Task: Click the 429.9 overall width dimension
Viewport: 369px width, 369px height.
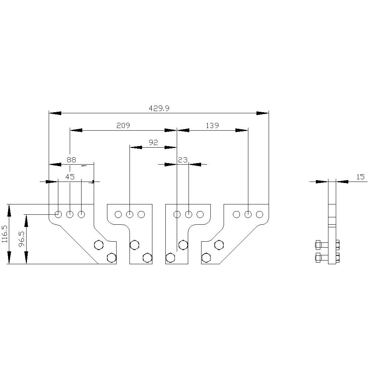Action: coord(159,108)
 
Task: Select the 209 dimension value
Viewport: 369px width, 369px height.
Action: coord(123,126)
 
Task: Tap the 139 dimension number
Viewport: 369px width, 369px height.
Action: coord(212,126)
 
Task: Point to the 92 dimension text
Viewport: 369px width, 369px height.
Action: coord(153,142)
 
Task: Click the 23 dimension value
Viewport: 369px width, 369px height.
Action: coord(183,160)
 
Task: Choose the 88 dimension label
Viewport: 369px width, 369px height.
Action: coord(71,160)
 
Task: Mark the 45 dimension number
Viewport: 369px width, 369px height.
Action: coord(70,177)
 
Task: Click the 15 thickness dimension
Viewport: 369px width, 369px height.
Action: coord(360,177)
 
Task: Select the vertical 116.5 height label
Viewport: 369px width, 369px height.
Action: coord(5,234)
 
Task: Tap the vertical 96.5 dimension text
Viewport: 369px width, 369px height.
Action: coord(22,239)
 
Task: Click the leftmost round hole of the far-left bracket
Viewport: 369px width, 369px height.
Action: coord(58,214)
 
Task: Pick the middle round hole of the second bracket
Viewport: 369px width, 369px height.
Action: coord(130,214)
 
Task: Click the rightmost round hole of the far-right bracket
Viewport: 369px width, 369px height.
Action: coord(259,214)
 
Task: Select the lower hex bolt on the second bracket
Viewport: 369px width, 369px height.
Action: coord(147,258)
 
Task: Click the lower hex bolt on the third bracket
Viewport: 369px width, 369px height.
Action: coord(170,258)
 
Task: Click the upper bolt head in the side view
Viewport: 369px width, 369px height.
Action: coord(318,245)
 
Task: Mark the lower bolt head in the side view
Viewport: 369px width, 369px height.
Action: coord(318,258)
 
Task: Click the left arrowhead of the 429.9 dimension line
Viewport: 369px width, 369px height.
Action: coord(55,113)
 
